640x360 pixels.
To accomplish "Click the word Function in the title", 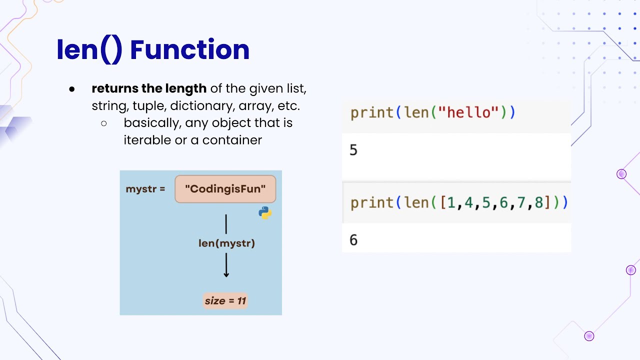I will point(189,50).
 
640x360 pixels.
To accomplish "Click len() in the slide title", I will point(89,50).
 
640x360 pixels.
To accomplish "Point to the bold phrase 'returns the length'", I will point(149,89).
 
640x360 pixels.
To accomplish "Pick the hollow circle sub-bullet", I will point(104,123).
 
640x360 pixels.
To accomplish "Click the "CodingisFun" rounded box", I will point(225,189).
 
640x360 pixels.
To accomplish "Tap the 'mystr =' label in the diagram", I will point(145,189).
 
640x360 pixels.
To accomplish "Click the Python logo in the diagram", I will point(265,213).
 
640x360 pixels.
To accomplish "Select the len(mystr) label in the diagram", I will point(226,243).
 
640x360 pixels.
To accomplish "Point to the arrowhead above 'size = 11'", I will point(226,274).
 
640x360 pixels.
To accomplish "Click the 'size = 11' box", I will point(225,301).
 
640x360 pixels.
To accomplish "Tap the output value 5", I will point(353,150).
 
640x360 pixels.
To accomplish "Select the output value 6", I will point(353,240).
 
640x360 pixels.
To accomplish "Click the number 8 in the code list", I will point(538,202).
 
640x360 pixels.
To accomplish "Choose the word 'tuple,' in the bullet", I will point(149,106).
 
